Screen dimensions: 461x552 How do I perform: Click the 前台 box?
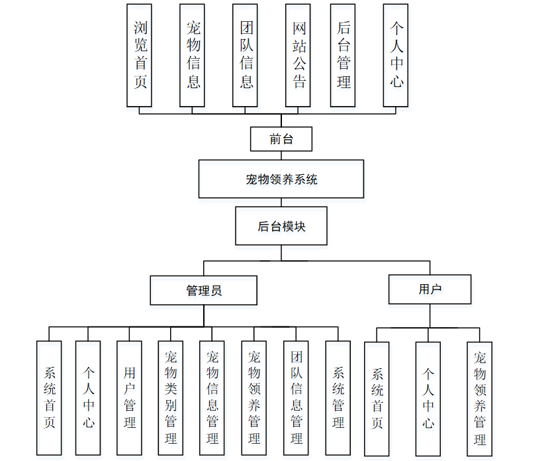click(x=281, y=139)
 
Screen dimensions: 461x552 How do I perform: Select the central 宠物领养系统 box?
click(x=281, y=179)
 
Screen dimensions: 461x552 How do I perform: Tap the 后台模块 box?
click(x=281, y=226)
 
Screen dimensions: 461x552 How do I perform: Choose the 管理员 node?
click(x=203, y=290)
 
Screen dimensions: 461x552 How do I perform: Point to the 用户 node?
click(x=430, y=289)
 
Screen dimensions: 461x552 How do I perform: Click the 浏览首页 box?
click(x=139, y=55)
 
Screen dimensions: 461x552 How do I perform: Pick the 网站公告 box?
click(x=298, y=55)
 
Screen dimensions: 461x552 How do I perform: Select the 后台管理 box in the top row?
click(x=343, y=55)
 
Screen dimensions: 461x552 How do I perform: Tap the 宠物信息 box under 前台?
click(x=192, y=55)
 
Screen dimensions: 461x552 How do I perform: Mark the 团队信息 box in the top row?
click(x=245, y=55)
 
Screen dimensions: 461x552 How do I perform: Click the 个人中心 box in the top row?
click(x=396, y=55)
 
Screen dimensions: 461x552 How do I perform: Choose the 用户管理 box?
click(x=129, y=397)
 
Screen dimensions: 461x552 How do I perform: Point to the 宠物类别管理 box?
click(x=170, y=397)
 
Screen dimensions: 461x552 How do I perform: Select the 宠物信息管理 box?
click(x=212, y=397)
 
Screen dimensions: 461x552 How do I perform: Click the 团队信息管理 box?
click(x=296, y=397)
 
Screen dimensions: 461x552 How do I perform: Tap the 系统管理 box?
click(x=338, y=397)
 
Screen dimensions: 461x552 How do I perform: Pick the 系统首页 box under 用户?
click(x=377, y=398)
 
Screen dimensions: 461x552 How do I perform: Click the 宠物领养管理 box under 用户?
click(x=479, y=398)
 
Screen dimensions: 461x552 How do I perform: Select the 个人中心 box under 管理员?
click(x=88, y=397)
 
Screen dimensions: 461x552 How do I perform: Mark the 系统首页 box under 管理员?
click(x=49, y=397)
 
